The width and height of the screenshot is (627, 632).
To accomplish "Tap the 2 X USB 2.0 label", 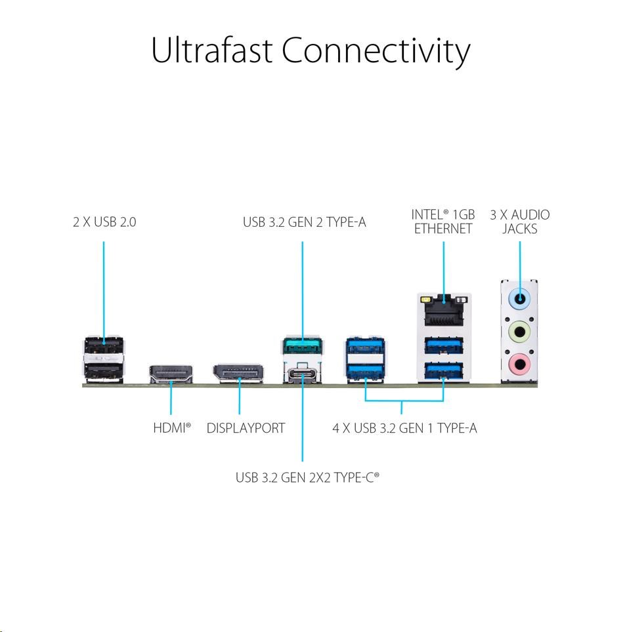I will tap(104, 222).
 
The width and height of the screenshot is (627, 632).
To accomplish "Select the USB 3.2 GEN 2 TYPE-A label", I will tap(304, 222).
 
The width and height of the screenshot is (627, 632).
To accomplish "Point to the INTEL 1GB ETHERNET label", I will tap(443, 222).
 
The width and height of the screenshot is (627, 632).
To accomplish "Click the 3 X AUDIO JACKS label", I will tap(520, 222).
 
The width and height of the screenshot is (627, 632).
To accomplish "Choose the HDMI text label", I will tap(171, 428).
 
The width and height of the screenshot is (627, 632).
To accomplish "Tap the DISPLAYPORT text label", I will tap(246, 428).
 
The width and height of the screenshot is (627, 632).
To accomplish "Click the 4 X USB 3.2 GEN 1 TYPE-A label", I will tap(404, 428).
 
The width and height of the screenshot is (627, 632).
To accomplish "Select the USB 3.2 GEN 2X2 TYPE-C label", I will tap(307, 477).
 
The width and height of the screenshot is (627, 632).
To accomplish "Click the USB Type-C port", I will tap(302, 374).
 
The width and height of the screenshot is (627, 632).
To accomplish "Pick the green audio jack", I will tap(519, 331).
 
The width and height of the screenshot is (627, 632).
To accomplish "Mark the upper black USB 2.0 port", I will tap(104, 346).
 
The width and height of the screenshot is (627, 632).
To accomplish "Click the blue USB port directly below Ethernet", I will tap(443, 345).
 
